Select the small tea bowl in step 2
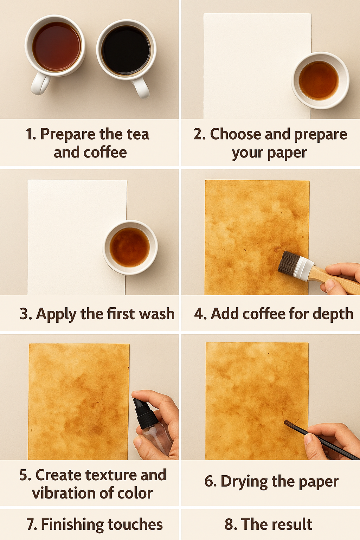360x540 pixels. [x=320, y=81]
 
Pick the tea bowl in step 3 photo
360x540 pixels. [x=130, y=247]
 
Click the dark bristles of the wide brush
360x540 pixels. [x=289, y=262]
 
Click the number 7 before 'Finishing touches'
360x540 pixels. [x=30, y=524]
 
